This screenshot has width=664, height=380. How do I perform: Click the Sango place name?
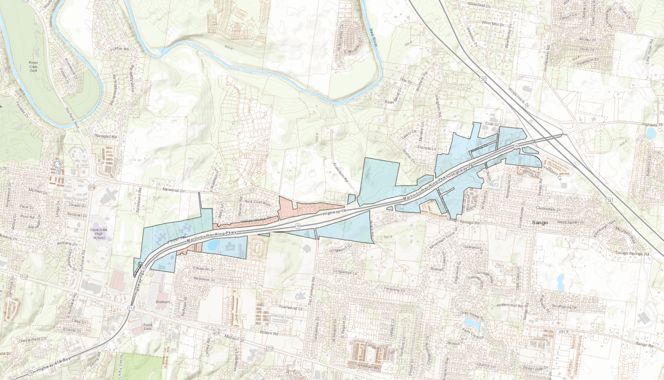tap(540, 223)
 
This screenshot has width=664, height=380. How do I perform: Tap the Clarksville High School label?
tap(99, 233)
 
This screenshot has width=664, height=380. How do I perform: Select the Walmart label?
tap(163, 302)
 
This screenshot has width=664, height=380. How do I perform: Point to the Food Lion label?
tap(148, 327)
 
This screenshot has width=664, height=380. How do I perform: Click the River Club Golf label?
tap(33, 66)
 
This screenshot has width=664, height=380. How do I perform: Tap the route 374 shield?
tap(91, 187)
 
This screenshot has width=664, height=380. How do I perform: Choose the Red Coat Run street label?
tap(257, 202)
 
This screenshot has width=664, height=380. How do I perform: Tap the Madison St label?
tap(233, 339)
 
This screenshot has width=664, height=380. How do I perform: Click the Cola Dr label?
tap(489, 123)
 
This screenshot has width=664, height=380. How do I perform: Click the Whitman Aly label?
tap(368, 367)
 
